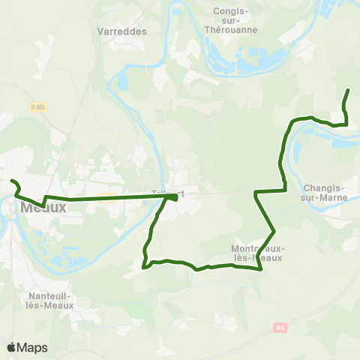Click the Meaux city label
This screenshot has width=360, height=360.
(44, 207)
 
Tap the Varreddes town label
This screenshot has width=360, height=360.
(121, 32)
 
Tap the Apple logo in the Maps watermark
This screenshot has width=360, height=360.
(12, 347)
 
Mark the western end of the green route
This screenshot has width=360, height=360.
(11, 181)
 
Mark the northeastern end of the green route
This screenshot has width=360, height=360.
(349, 91)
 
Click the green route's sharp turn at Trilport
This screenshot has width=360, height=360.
(175, 197)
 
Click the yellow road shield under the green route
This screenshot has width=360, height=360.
(106, 198)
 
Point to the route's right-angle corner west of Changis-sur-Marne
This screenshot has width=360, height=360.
(256, 193)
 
